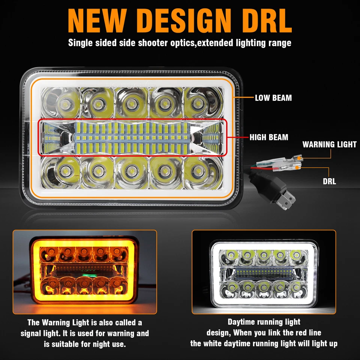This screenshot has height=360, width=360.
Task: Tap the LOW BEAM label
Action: click(273, 98)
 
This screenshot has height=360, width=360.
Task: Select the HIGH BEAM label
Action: click(269, 137)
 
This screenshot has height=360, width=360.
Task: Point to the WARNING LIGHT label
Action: click(329, 144)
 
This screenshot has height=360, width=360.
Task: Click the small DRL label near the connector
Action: click(329, 182)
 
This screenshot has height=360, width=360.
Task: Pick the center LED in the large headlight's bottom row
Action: click(130, 171)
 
